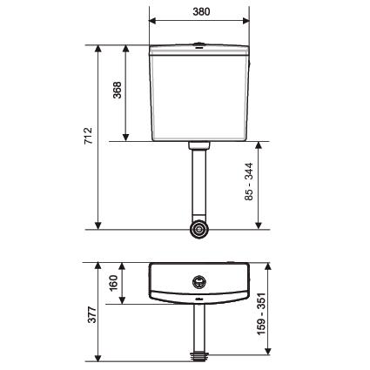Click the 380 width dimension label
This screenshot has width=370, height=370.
201,11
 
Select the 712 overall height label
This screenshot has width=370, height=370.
88,136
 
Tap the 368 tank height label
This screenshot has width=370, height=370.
118,90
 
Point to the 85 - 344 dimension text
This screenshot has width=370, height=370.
249,182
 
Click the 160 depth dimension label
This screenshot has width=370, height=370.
113,283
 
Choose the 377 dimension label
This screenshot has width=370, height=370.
92,314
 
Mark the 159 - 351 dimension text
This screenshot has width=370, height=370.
261,313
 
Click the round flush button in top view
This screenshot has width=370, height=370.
199,281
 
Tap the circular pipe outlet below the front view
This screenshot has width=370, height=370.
199,229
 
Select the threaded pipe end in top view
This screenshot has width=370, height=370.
199,357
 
